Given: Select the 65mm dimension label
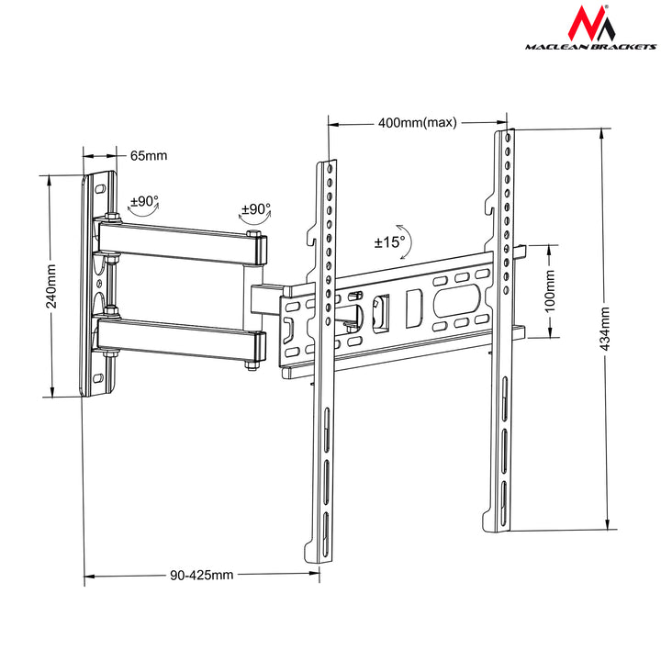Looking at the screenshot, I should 148,155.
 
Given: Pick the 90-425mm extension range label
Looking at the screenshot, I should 201,576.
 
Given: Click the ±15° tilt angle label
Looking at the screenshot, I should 389,243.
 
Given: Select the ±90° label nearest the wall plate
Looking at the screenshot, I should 144,200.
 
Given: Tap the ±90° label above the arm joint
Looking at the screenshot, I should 255,209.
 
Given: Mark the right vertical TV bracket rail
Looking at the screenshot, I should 504,330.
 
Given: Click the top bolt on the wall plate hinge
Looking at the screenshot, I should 110,218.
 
